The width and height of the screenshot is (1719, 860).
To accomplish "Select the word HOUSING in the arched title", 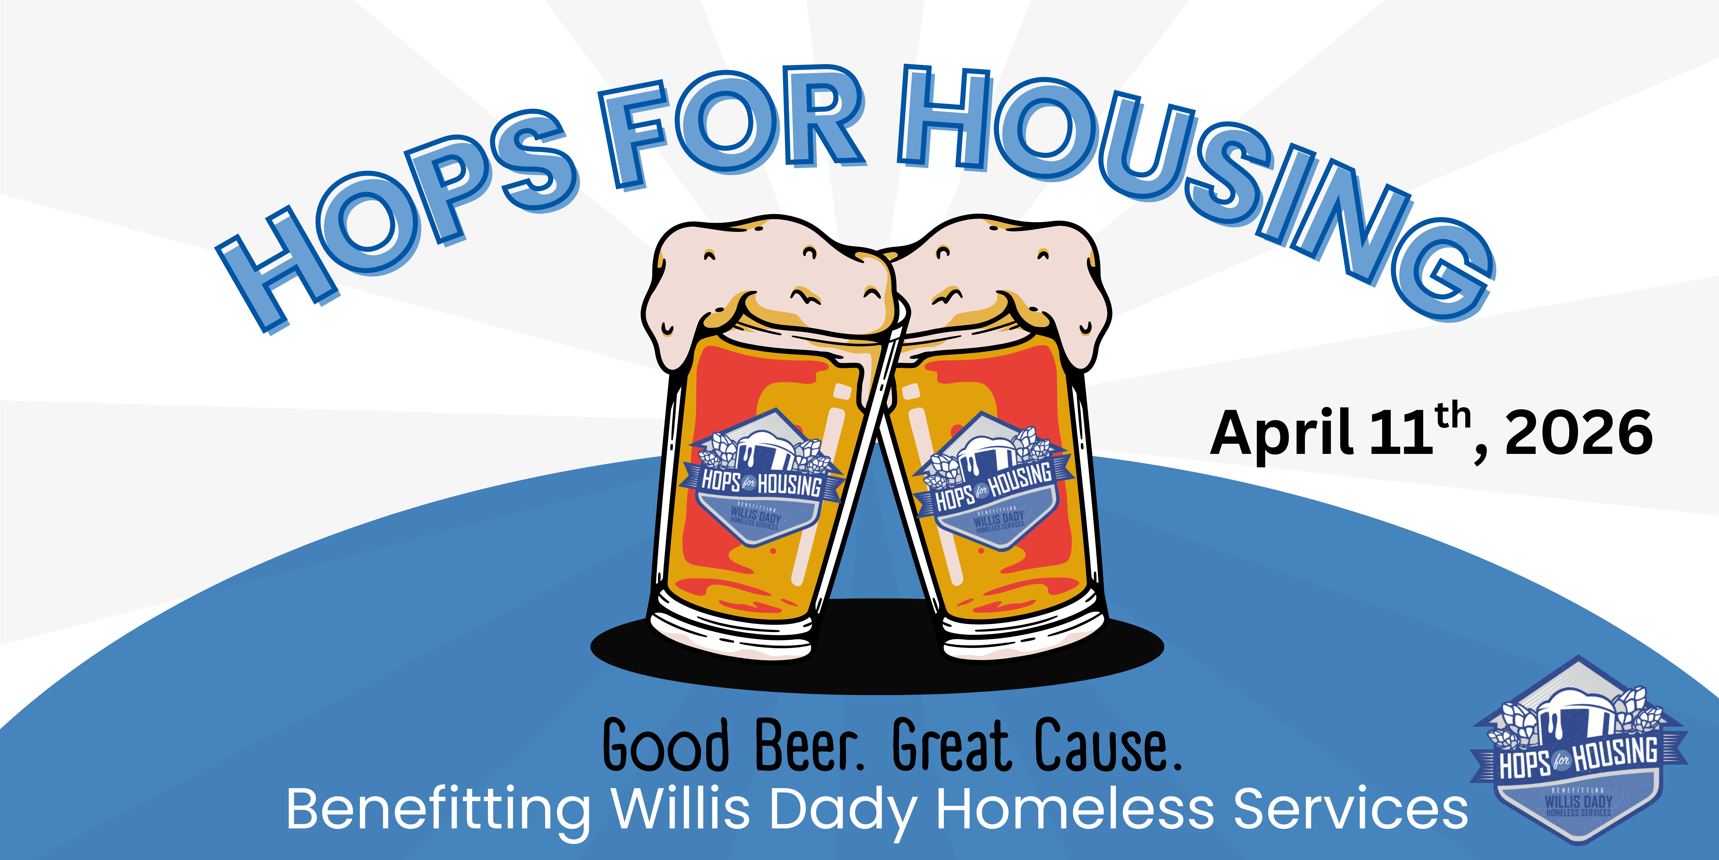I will tap(1188, 174).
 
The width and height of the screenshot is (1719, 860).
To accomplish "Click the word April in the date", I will tap(1281, 434).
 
